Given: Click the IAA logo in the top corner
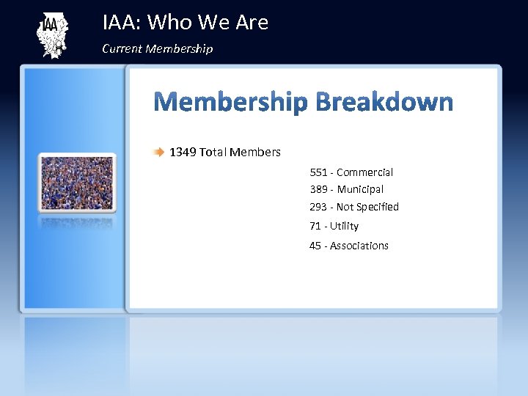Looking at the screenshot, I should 51,35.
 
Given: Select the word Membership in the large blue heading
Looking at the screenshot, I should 230,103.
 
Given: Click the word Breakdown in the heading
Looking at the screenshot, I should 384,101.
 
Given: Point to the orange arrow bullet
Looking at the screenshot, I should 159,153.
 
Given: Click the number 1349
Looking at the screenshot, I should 183,153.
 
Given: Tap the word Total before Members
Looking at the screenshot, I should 213,153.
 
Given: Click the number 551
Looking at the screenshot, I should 318,172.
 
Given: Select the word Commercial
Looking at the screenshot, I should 364,172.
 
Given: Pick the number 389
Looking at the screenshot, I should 318,189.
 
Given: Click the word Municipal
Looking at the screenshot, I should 360,189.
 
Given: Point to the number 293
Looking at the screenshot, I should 318,207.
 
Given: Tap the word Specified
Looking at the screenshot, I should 378,207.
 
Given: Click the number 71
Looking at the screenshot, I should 315,226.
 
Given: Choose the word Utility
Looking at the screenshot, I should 344,226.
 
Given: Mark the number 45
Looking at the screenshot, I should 315,246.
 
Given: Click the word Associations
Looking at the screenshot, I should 359,246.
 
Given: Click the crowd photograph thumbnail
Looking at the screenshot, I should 78,183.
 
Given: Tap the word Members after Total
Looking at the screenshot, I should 255,153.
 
